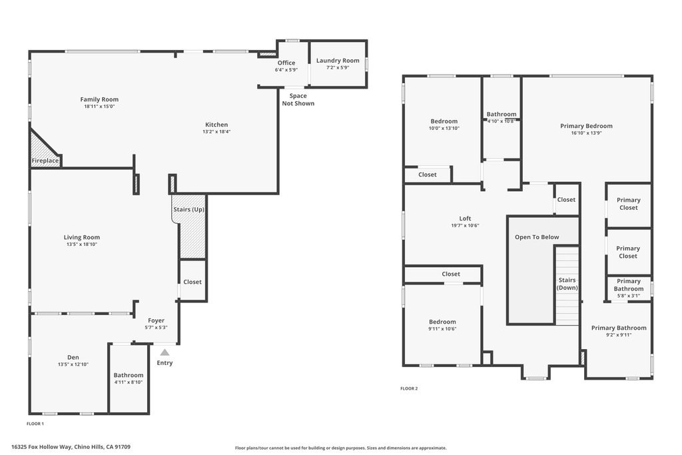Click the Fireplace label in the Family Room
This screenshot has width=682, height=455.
[45, 161]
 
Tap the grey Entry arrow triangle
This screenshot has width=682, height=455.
[164, 352]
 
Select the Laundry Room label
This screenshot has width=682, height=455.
[338, 61]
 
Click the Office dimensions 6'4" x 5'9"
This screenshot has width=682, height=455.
[286, 69]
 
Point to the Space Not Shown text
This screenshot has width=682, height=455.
[298, 100]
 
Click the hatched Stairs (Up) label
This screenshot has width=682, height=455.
[189, 210]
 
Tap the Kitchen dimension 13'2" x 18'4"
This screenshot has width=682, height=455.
[216, 132]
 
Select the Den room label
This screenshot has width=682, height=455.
[73, 358]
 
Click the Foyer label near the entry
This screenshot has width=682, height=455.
[156, 320]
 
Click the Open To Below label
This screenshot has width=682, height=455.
[537, 237]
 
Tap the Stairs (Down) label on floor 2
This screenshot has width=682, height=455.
[567, 284]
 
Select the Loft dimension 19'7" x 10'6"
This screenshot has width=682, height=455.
[465, 225]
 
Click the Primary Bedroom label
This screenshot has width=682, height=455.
[586, 126]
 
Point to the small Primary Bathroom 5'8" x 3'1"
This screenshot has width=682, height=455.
[628, 295]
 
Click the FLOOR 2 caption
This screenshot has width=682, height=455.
[409, 388]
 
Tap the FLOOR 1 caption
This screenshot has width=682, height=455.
[35, 424]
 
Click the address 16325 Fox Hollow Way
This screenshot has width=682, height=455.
[71, 447]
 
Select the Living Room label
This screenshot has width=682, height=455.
[82, 237]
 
